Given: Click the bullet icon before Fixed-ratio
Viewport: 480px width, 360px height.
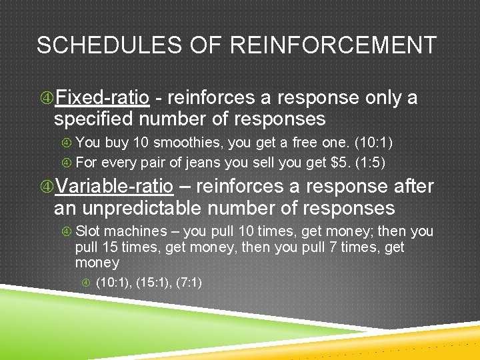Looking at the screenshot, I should point(46,99).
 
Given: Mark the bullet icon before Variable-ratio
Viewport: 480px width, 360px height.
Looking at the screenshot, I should point(46,187).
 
